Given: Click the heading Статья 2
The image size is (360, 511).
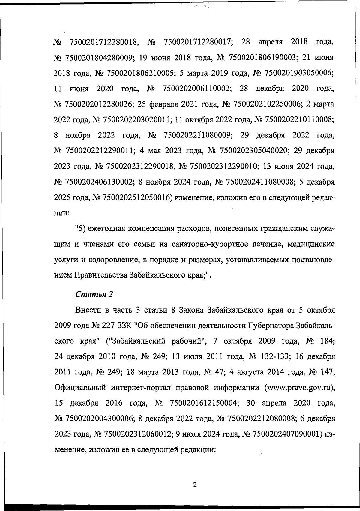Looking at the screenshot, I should point(94,294).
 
